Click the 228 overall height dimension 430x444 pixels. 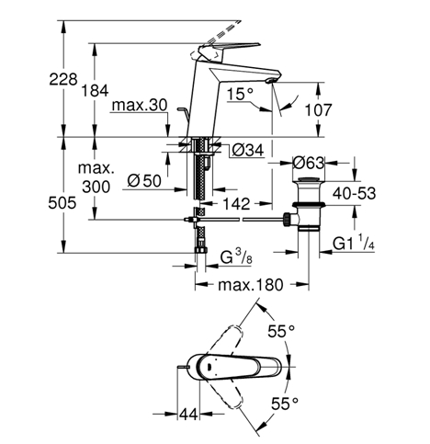point(63,79)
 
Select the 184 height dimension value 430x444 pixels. point(95,91)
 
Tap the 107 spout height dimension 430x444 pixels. point(318,110)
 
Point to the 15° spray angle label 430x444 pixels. point(240,94)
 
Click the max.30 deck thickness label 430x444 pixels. point(140,105)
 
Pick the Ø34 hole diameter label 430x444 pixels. point(248,150)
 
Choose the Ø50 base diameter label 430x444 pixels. point(144,181)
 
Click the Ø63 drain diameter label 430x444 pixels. point(308,163)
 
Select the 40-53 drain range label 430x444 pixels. point(354,194)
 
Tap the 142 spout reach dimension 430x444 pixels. point(236,204)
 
